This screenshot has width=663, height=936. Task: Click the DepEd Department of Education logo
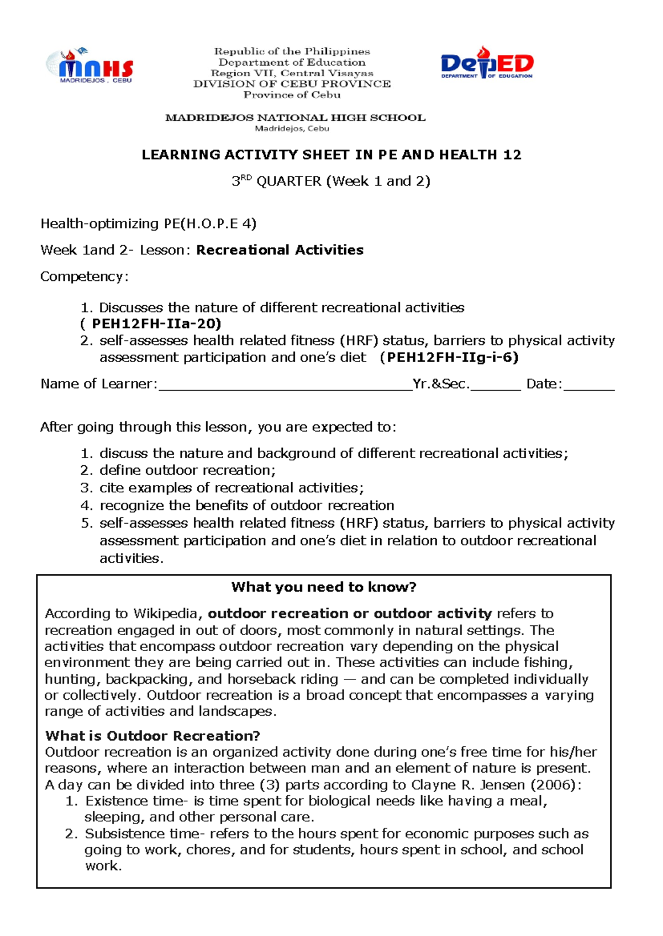[x=487, y=63]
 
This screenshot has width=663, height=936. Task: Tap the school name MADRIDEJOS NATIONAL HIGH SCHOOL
[x=295, y=118]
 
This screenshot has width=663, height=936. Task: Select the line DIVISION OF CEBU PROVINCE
[x=292, y=84]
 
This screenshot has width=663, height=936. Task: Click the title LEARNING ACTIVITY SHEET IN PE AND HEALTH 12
[x=331, y=155]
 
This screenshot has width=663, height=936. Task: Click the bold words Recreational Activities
[x=280, y=250]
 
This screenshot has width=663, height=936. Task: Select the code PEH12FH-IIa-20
[x=156, y=324]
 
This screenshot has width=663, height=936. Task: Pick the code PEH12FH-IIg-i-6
[x=452, y=358]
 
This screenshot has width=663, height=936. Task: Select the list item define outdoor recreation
[x=187, y=470]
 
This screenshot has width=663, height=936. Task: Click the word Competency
[x=83, y=276]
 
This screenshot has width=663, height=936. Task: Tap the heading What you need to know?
[x=324, y=587]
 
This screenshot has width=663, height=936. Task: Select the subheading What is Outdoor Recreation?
[x=152, y=736]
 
